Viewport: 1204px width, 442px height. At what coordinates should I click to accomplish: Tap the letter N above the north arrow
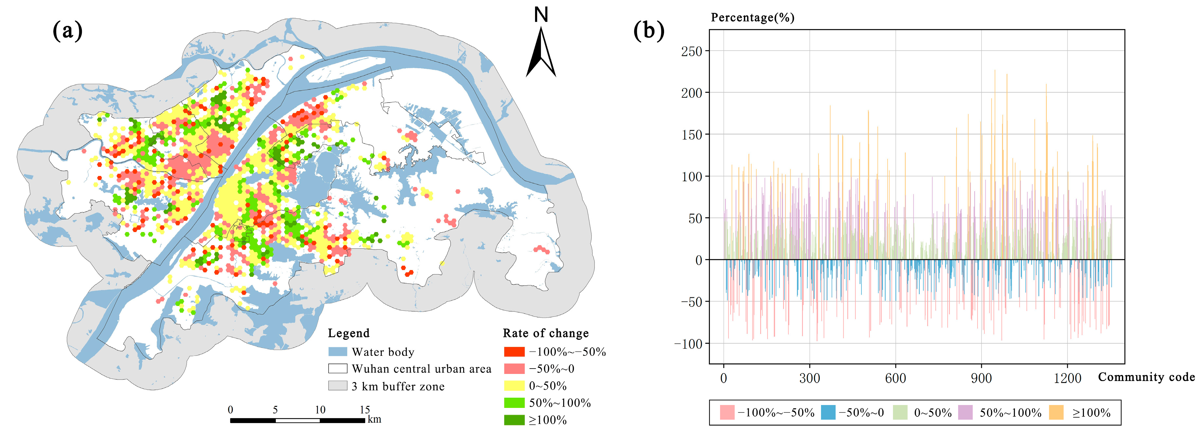541,15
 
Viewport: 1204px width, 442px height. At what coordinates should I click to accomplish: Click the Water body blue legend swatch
337,352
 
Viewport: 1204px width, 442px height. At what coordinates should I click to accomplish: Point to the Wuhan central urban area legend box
337,369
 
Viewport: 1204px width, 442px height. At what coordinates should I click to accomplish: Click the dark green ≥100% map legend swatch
514,420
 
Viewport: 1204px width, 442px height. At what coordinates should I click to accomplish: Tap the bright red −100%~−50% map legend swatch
514,352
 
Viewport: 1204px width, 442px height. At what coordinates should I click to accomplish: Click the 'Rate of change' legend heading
546,333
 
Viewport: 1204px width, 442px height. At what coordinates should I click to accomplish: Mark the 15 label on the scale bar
365,410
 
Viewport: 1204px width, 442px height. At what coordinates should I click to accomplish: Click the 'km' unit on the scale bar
374,419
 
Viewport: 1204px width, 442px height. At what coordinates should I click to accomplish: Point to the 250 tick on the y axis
692,51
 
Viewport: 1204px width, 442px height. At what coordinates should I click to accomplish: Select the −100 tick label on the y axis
688,344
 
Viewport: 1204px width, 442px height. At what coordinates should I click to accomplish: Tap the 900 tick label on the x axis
981,378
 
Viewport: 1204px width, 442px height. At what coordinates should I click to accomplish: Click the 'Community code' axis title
1146,377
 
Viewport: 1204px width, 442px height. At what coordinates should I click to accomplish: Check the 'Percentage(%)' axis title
752,18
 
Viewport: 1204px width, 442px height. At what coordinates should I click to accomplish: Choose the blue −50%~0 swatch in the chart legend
828,413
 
